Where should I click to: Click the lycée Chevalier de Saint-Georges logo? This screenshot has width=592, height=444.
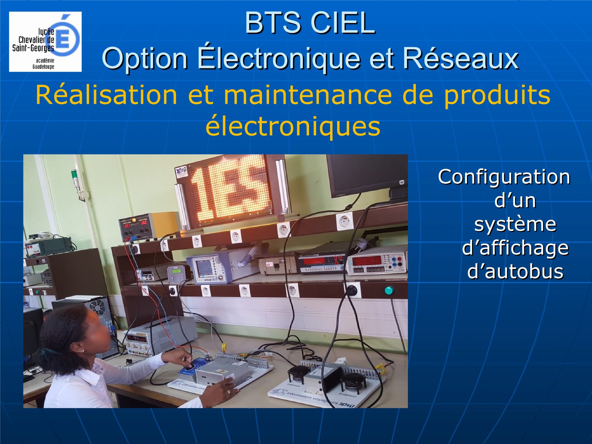coord(45,42)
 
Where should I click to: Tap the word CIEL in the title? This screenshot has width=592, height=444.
coord(343,23)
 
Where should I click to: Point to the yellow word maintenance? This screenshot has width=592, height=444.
coord(308,95)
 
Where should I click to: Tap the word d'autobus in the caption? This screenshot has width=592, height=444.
coord(515,271)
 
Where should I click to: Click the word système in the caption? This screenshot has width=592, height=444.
coord(515,224)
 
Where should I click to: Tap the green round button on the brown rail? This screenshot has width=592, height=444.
coord(389,290)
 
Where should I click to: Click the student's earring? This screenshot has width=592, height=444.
coord(83,351)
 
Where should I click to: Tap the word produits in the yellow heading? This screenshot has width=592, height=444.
coord(497,95)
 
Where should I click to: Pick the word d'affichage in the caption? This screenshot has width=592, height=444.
coord(515,248)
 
